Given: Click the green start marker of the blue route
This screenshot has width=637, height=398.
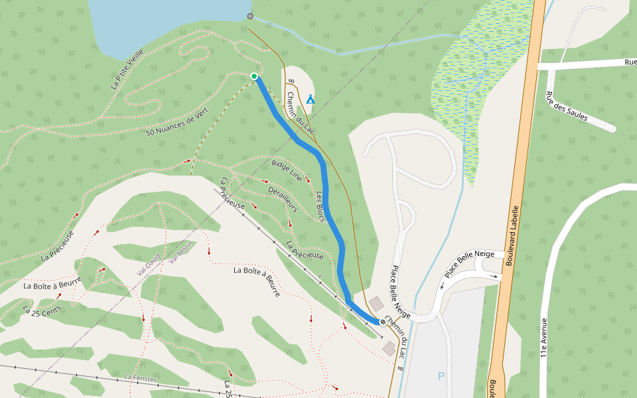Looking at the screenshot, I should [254, 77].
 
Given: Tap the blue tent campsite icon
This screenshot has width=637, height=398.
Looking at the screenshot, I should [310, 99].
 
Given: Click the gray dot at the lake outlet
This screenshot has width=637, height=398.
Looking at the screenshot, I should [250, 16].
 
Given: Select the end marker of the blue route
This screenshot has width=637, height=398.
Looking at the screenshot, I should [383, 322].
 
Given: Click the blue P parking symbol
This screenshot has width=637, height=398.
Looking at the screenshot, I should [441, 376].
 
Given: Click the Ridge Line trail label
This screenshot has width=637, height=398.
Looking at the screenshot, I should [287, 170].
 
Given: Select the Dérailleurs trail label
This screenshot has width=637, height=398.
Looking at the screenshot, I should [283, 198].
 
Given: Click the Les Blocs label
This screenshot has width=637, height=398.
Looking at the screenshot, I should [320, 206].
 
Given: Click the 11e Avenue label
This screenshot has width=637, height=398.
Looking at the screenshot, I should [544, 338].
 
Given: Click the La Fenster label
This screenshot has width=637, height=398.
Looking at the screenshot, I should [140, 377].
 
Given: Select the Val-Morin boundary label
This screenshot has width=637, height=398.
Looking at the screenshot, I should [180, 251].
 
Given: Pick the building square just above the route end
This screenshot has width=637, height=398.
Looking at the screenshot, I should [376, 304].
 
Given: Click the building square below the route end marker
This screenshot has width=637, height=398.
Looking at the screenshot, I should [389, 348].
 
